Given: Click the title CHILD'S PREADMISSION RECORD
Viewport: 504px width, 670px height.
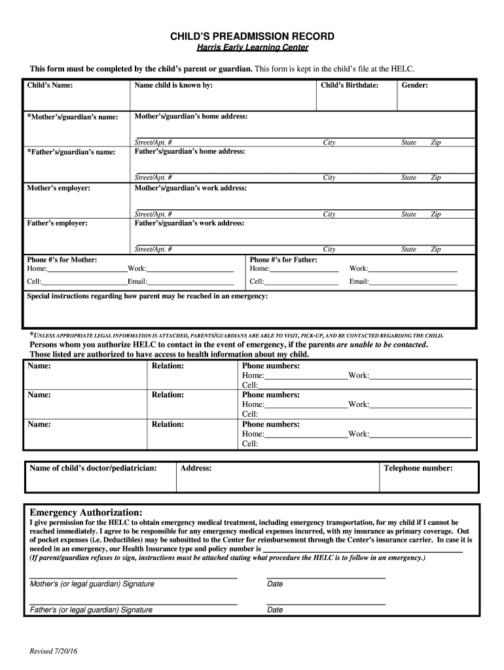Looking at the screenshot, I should point(252,37).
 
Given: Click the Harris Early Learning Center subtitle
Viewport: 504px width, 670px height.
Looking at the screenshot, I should point(252,48).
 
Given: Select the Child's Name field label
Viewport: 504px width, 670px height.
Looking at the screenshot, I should point(50,85).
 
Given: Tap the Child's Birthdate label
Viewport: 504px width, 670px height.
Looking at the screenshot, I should point(350,85).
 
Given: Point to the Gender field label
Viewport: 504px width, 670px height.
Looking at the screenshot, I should point(415,85).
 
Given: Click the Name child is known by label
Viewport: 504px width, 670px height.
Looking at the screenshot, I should point(173,85).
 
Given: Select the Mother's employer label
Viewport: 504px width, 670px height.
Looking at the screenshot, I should point(59,188).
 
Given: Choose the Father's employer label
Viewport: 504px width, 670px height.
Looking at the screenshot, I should point(57,223).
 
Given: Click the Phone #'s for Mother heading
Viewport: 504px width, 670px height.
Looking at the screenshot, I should point(62,260).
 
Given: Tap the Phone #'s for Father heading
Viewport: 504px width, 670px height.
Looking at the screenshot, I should point(283,260).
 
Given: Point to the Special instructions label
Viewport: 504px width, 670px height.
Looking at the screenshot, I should point(147,296).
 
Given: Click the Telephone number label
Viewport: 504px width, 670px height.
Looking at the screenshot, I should point(418,468).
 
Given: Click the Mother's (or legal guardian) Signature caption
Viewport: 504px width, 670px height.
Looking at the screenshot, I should point(92,584).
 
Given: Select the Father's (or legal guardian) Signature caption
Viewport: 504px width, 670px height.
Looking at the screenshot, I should point(91,610).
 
